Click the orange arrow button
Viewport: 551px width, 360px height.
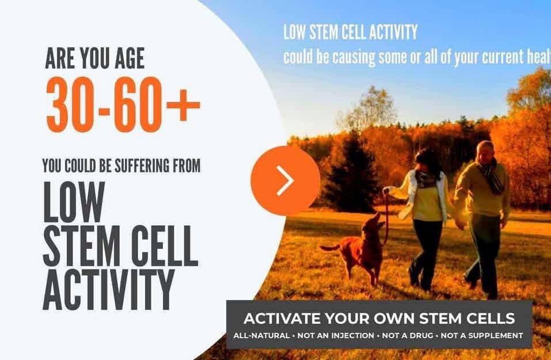[x=285, y=180]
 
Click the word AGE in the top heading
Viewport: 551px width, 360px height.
[x=125, y=58]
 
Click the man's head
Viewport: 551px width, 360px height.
[x=485, y=151]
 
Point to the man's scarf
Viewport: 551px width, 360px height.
[x=492, y=176]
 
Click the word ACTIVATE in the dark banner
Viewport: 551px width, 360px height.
[x=280, y=319]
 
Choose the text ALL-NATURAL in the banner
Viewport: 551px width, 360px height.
[x=261, y=335]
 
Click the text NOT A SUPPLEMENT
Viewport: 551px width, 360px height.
[x=489, y=335]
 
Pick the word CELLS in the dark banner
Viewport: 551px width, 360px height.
[x=492, y=319]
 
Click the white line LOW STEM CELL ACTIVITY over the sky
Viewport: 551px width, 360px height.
[x=350, y=32]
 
